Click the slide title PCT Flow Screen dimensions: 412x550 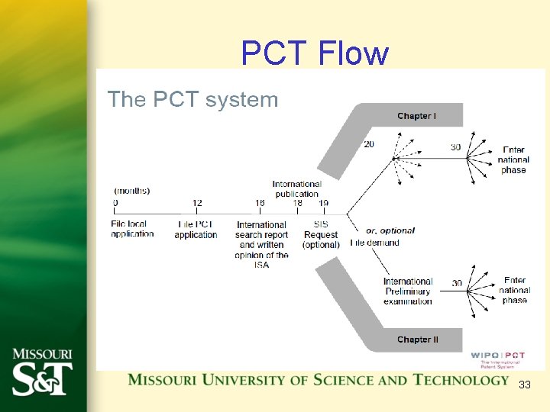pyautogui.click(x=315, y=54)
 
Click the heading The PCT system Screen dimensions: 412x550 pyautogui.click(x=192, y=99)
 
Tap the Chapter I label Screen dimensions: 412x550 pyautogui.click(x=416, y=116)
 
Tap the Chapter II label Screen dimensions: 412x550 pyautogui.click(x=417, y=340)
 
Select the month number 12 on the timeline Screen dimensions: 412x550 pyautogui.click(x=197, y=204)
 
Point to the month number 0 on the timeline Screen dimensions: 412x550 pyautogui.click(x=115, y=204)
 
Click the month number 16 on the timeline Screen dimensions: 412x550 pyautogui.click(x=260, y=204)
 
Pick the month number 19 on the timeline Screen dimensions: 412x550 pyautogui.click(x=324, y=204)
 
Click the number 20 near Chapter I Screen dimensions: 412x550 pyautogui.click(x=369, y=145)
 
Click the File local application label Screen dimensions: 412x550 pyautogui.click(x=132, y=229)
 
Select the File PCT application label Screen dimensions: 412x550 pyautogui.click(x=196, y=230)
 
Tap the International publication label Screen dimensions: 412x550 pyautogui.click(x=297, y=188)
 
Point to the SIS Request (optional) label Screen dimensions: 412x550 pyautogui.click(x=321, y=234)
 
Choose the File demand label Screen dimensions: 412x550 pyautogui.click(x=374, y=243)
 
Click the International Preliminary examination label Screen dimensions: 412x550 pyautogui.click(x=408, y=291)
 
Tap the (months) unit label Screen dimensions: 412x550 pyautogui.click(x=132, y=191)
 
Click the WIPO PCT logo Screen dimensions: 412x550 pyautogui.click(x=498, y=359)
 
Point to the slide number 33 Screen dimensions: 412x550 pyautogui.click(x=524, y=385)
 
